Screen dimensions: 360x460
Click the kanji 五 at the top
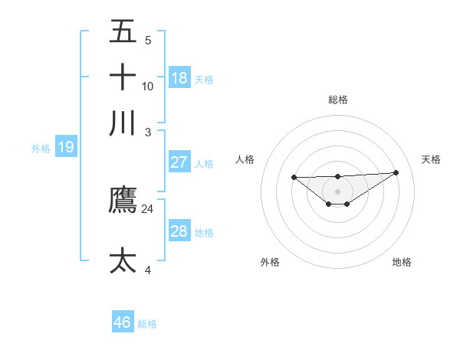tap(123, 33)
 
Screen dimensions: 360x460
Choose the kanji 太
tap(123, 260)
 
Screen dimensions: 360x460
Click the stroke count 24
tap(148, 209)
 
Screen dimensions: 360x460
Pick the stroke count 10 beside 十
tap(148, 86)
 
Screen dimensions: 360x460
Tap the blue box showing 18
tap(179, 77)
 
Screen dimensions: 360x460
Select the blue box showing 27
tap(179, 162)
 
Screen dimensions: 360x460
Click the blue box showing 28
tap(179, 231)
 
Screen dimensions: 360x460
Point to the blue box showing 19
tap(66, 147)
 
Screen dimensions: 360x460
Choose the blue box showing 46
tap(123, 322)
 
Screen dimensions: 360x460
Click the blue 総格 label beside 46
tap(147, 324)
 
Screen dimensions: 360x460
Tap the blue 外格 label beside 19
tap(41, 148)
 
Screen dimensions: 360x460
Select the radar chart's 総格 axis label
tap(337, 100)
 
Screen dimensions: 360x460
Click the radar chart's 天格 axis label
tap(432, 159)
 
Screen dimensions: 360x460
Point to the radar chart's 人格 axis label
tap(245, 159)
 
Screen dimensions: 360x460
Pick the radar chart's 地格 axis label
tap(402, 262)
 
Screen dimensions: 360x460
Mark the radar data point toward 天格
tap(396, 173)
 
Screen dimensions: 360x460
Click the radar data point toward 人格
tap(294, 177)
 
